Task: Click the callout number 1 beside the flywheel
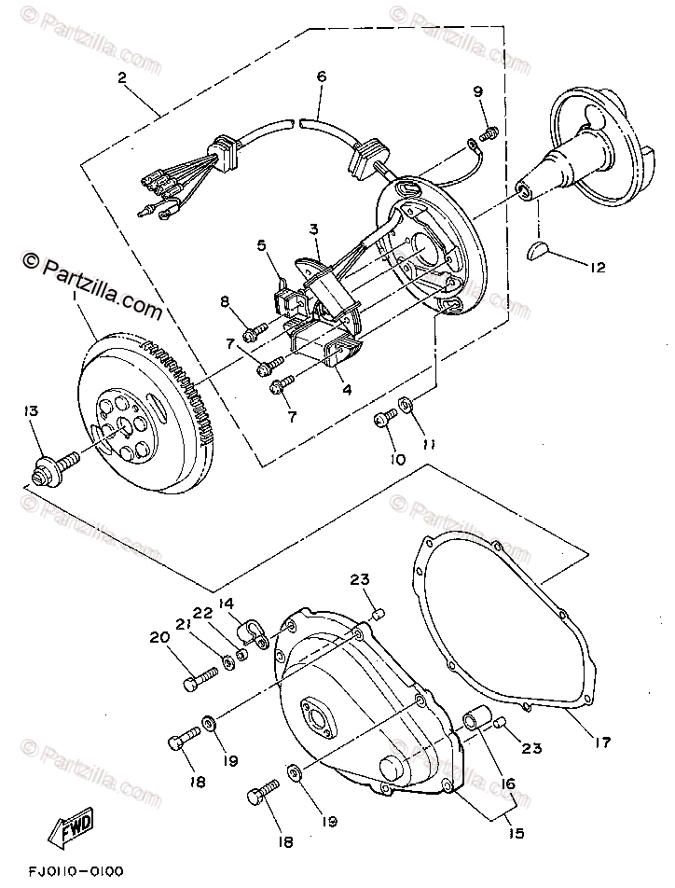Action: [x=72, y=295]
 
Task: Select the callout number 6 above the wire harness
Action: [x=321, y=76]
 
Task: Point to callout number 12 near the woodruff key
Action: [x=597, y=267]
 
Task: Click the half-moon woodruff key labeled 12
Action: [x=540, y=250]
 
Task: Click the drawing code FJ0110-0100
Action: [x=76, y=871]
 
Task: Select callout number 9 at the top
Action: [x=478, y=90]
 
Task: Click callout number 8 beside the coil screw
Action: [x=225, y=300]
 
